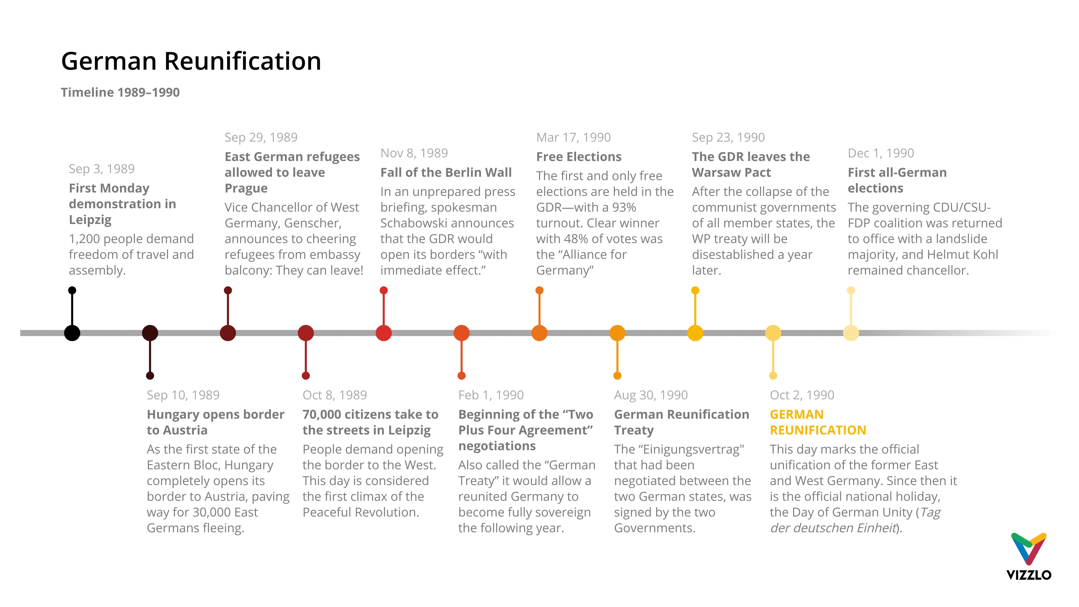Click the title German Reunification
pyautogui.click(x=191, y=61)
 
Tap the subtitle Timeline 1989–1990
pyautogui.click(x=120, y=92)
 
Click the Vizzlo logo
pyautogui.click(x=1028, y=557)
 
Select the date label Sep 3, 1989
pyautogui.click(x=101, y=169)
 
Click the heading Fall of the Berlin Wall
pyautogui.click(x=446, y=172)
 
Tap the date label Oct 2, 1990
pyautogui.click(x=802, y=395)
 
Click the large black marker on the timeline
pyautogui.click(x=72, y=333)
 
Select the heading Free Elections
pyautogui.click(x=579, y=157)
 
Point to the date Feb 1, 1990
pyautogui.click(x=491, y=395)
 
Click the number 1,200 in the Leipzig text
pyautogui.click(x=84, y=239)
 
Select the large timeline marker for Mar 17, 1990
pyautogui.click(x=539, y=333)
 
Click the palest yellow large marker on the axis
pyautogui.click(x=851, y=333)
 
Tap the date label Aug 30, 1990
pyautogui.click(x=650, y=395)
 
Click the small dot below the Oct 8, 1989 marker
pyautogui.click(x=306, y=376)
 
